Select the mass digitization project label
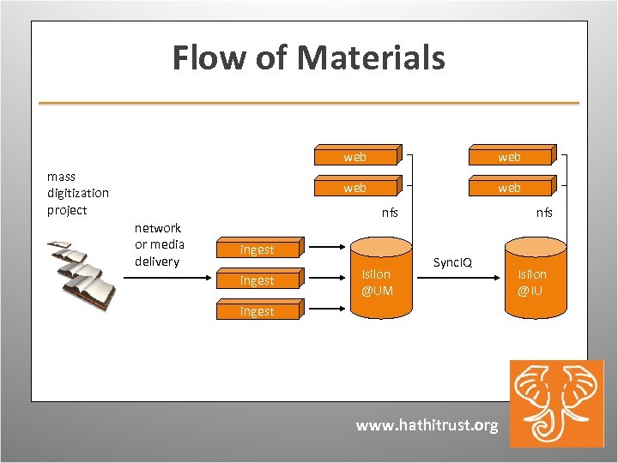tap(78, 193)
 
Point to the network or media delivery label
tap(159, 244)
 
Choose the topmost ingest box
tap(257, 250)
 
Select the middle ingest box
tap(257, 280)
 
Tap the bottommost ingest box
tap(257, 311)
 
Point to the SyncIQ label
tap(452, 262)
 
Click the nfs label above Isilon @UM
tap(390, 213)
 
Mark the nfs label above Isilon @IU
tap(544, 213)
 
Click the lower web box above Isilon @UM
tap(354, 187)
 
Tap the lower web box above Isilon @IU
tap(509, 187)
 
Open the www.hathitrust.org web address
tap(427, 425)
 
